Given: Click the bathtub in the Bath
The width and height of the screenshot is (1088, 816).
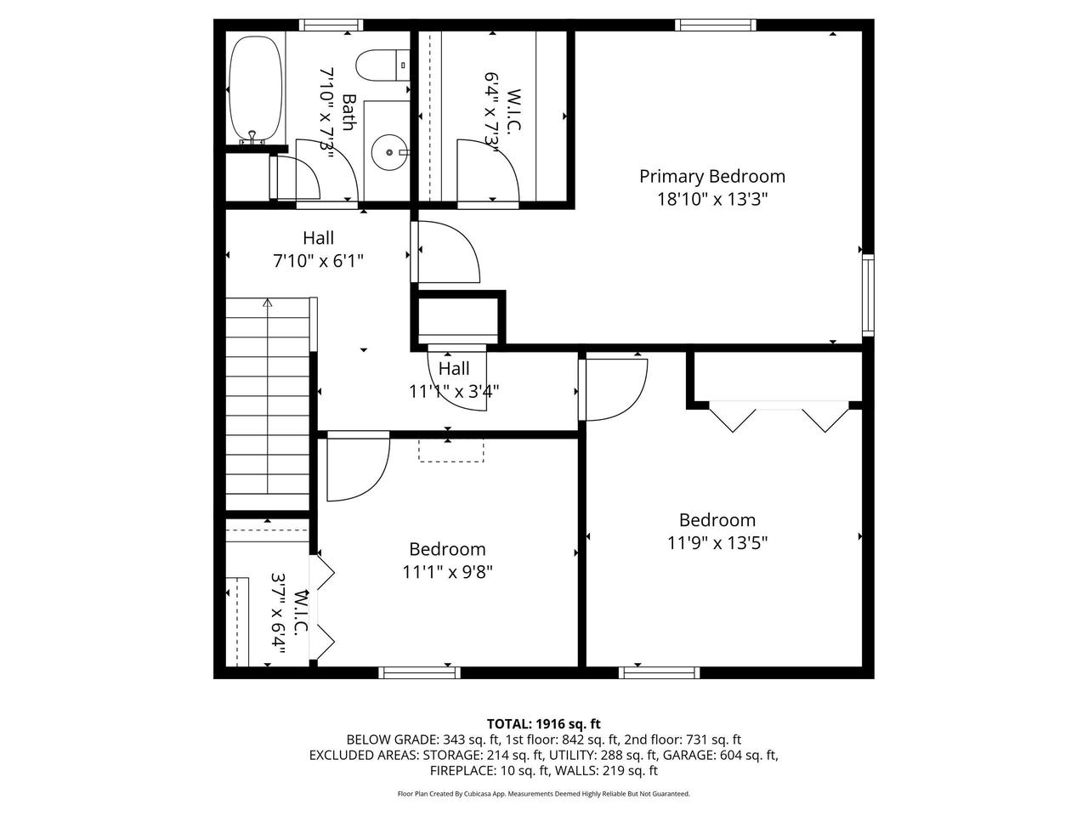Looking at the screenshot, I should point(255,89).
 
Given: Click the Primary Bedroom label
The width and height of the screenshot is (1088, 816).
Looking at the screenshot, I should point(711,176).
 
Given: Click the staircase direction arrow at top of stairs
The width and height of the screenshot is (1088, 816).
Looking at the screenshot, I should point(268,303).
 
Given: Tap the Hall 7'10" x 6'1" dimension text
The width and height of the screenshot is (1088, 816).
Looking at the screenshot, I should point(318,260).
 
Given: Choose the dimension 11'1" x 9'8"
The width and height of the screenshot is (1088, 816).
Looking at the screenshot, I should point(447,571).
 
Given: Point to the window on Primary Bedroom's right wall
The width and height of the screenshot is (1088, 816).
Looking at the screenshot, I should point(867,294).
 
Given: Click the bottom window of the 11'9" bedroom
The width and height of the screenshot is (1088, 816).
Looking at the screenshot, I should point(660,672).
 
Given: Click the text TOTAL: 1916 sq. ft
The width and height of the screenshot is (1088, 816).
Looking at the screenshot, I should point(543,723).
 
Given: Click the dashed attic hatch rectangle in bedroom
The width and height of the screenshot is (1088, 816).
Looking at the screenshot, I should point(450,450).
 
